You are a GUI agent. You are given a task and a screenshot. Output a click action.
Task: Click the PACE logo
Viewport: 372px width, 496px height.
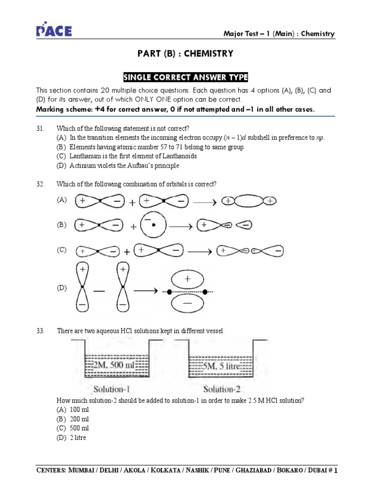pyautogui.click(x=54, y=31)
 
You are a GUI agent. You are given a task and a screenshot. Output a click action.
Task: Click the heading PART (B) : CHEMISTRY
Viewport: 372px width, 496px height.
pyautogui.click(x=186, y=54)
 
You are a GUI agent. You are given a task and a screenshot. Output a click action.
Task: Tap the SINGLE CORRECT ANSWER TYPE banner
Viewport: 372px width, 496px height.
pyautogui.click(x=186, y=77)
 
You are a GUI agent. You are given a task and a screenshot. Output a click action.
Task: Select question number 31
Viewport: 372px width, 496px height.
pyautogui.click(x=40, y=128)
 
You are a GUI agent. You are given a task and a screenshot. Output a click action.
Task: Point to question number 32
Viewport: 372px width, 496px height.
pyautogui.click(x=40, y=184)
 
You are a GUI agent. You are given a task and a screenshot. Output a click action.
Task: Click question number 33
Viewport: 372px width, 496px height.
pyautogui.click(x=40, y=331)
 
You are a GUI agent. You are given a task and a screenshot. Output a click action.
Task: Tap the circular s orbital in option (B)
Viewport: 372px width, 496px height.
pyautogui.click(x=153, y=225)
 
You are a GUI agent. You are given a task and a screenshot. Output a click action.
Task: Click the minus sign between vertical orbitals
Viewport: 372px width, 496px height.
pyautogui.click(x=99, y=291)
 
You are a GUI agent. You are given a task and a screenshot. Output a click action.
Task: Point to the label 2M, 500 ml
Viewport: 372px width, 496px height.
pyautogui.click(x=115, y=366)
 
